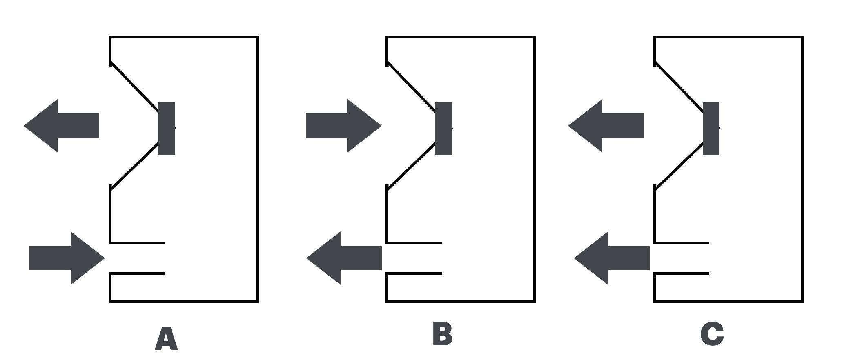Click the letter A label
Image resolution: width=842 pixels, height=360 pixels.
point(166,339)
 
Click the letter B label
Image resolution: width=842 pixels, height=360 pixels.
point(442,334)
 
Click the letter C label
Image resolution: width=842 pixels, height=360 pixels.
point(712,334)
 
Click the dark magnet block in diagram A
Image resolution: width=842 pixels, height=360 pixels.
point(167,128)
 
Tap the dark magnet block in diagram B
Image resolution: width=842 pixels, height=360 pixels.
point(443,128)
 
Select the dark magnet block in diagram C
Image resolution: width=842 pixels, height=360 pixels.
point(711,128)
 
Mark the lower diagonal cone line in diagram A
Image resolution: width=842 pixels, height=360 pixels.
point(135,165)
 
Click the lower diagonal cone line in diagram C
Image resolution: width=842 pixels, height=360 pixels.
point(679,165)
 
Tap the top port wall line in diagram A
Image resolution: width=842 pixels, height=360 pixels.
point(137,243)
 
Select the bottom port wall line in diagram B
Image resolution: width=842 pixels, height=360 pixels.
point(414,273)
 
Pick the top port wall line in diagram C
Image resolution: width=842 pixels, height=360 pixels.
point(682,243)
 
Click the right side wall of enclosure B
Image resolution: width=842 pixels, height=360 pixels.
point(534,169)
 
